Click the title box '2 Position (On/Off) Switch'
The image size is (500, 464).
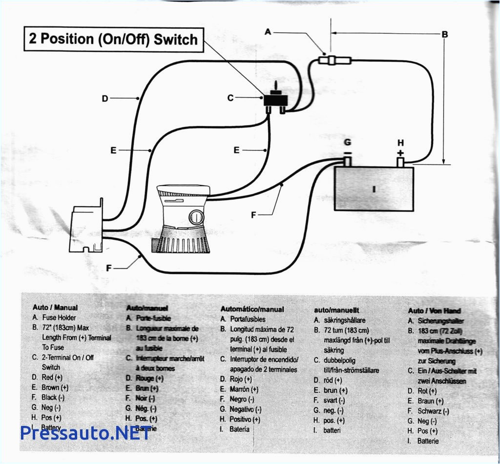point(113,39)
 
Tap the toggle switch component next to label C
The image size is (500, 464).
point(275,100)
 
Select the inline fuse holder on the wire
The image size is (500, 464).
point(333,61)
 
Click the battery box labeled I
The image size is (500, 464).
point(374,188)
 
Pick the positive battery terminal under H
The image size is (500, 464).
point(400,161)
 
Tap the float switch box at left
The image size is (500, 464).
point(87,227)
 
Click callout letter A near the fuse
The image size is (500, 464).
point(268,32)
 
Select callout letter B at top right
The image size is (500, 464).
point(444,34)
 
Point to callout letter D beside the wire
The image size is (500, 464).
point(104,98)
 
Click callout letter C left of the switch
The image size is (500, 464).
point(230,98)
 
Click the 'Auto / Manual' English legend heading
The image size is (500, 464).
point(55,308)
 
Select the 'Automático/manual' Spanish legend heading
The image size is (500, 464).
point(252,309)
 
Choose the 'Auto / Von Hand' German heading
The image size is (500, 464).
point(434,311)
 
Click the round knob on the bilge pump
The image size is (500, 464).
point(195,216)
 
